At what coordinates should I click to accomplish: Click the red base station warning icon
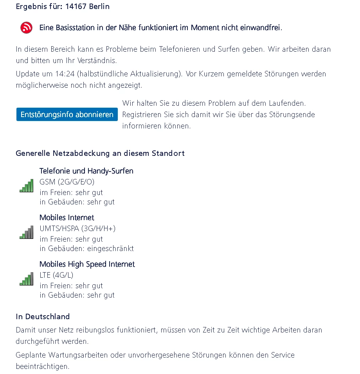pyautogui.click(x=27, y=28)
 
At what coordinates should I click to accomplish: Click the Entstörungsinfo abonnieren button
pyautogui.click(x=67, y=115)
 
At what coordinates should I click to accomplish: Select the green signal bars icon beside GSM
pyautogui.click(x=26, y=186)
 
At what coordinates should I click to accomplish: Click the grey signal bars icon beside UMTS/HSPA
pyautogui.click(x=26, y=233)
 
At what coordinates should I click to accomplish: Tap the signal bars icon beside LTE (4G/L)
pyautogui.click(x=26, y=279)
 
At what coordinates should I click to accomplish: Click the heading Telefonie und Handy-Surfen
pyautogui.click(x=86, y=171)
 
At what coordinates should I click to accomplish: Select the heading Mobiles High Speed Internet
pyautogui.click(x=87, y=264)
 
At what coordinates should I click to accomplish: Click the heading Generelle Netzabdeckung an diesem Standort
pyautogui.click(x=100, y=153)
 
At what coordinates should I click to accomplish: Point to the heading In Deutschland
pyautogui.click(x=43, y=316)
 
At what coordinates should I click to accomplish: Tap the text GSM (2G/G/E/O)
pyautogui.click(x=67, y=182)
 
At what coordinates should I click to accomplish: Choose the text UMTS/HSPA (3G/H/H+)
pyautogui.click(x=77, y=228)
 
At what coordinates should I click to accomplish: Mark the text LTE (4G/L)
pyautogui.click(x=56, y=275)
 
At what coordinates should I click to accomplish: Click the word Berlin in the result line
pyautogui.click(x=99, y=7)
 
